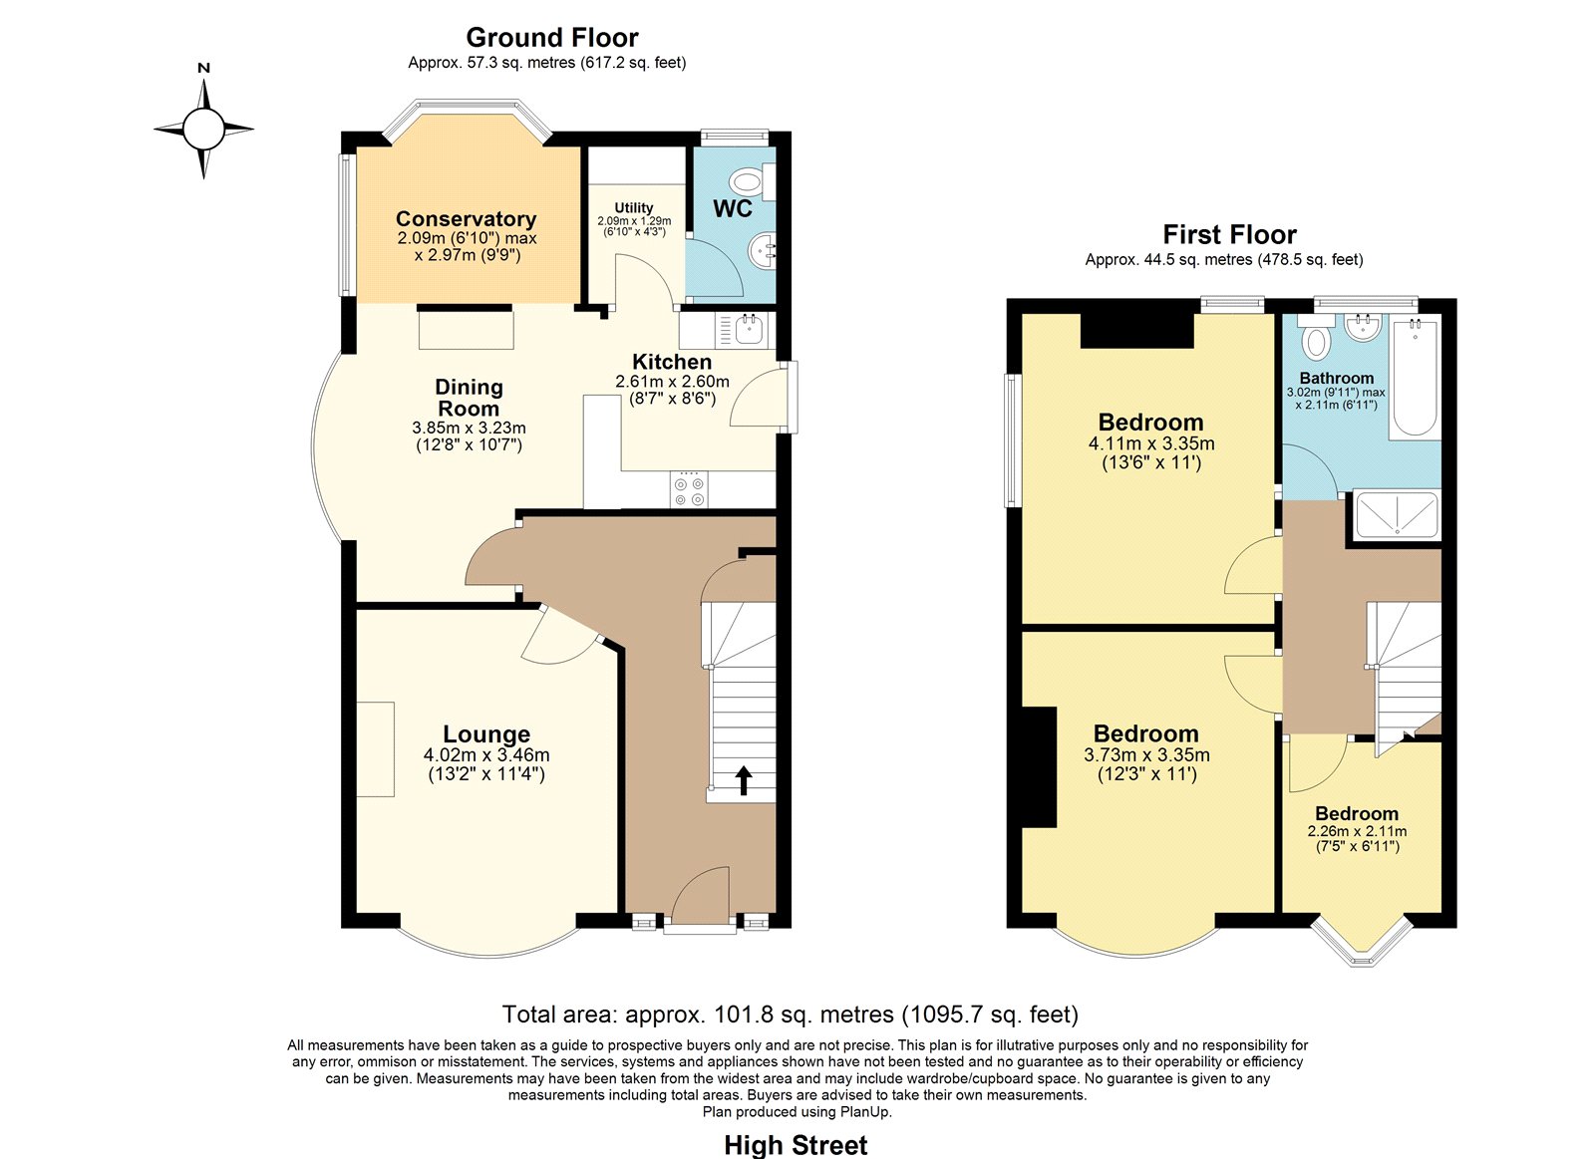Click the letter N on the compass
click(x=203, y=69)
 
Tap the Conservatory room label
click(x=466, y=218)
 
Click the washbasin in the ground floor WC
click(x=763, y=249)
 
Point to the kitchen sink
click(x=750, y=330)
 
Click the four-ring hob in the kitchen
click(x=689, y=489)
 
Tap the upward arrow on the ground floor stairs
click(x=743, y=779)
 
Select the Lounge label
click(x=486, y=734)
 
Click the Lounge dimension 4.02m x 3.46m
click(x=486, y=754)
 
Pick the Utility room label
click(x=634, y=208)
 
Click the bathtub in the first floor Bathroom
click(x=1415, y=378)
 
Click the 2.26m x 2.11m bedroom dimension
click(x=1357, y=831)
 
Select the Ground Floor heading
click(x=552, y=37)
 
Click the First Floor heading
click(x=1230, y=234)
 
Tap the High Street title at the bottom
click(x=796, y=1145)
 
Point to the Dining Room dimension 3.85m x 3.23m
click(x=469, y=428)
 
